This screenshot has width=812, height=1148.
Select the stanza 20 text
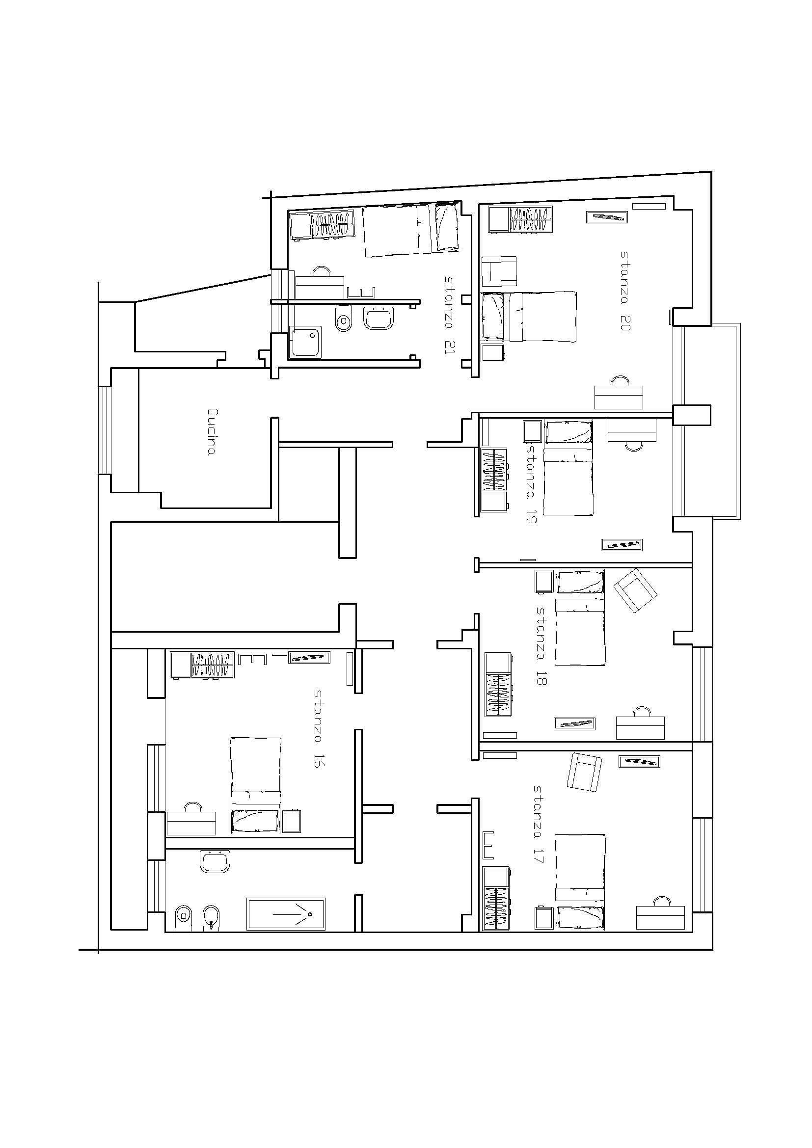(625, 291)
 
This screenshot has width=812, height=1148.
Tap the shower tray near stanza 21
(305, 342)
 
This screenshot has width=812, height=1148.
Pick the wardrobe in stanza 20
(521, 219)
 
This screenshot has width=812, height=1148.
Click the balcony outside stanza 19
(706, 422)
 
